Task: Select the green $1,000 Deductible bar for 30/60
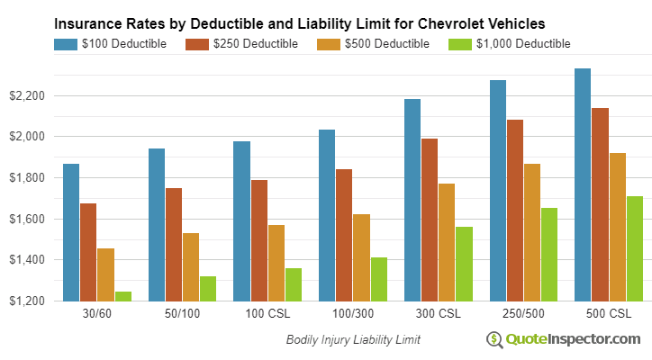pos(122,296)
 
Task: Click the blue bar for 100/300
pos(327,215)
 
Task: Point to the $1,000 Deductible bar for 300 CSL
pos(464,264)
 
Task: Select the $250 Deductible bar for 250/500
pos(515,210)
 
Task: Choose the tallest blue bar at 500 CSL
pos(583,184)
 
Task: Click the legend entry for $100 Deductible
pos(110,43)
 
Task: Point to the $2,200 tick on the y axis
pos(26,95)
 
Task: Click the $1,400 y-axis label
pos(26,260)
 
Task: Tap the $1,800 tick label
pos(26,178)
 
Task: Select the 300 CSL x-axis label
pos(439,315)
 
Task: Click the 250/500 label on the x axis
pos(524,315)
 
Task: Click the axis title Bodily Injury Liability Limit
pos(353,339)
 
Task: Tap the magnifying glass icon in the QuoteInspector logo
pos(494,339)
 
